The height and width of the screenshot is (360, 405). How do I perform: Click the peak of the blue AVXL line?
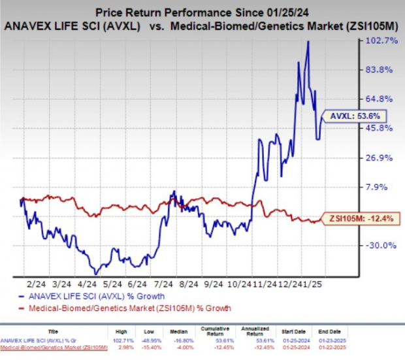308,42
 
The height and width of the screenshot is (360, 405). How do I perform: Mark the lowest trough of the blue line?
96,273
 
